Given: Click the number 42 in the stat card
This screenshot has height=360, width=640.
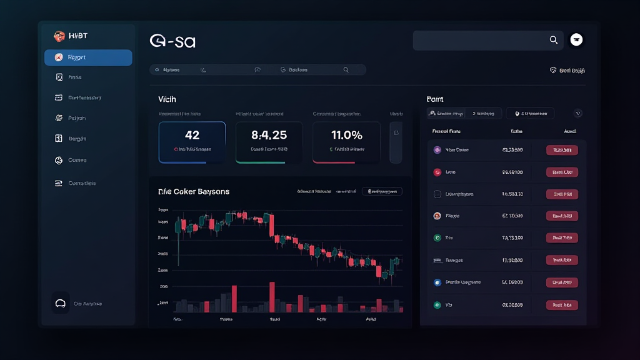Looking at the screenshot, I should pos(192,135).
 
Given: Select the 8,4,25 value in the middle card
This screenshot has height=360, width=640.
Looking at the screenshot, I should pos(269,135).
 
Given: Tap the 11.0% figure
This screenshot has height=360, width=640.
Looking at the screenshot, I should pos(346,135).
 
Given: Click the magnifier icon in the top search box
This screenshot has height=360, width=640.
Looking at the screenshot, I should pos(553,40).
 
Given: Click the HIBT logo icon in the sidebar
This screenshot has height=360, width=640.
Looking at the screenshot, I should pos(59,36).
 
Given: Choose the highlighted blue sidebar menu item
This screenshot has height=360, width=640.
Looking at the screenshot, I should pos(88,57).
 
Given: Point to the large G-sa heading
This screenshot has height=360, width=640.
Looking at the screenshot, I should pos(172,41).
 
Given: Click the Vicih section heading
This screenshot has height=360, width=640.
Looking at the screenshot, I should pos(167,99).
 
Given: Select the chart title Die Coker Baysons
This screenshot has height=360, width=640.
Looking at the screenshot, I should pos(194,191).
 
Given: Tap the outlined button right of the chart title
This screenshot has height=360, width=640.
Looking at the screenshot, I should pos(382,191).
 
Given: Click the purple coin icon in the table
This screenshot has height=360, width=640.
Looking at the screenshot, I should pos(437,150).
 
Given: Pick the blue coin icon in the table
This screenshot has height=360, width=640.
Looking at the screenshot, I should pos(437,282).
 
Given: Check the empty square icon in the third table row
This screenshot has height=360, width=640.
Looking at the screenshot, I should pos(437,194).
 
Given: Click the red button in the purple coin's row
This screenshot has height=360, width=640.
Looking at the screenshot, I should pos(562,150).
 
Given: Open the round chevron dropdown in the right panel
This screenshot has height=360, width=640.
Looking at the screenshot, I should pos(577,113).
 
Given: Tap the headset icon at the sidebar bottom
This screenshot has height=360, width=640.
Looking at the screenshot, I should pos(61,304).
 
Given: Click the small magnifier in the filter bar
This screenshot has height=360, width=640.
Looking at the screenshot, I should pos(346,70).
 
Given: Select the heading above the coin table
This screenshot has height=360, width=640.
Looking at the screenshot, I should pos(435,99).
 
